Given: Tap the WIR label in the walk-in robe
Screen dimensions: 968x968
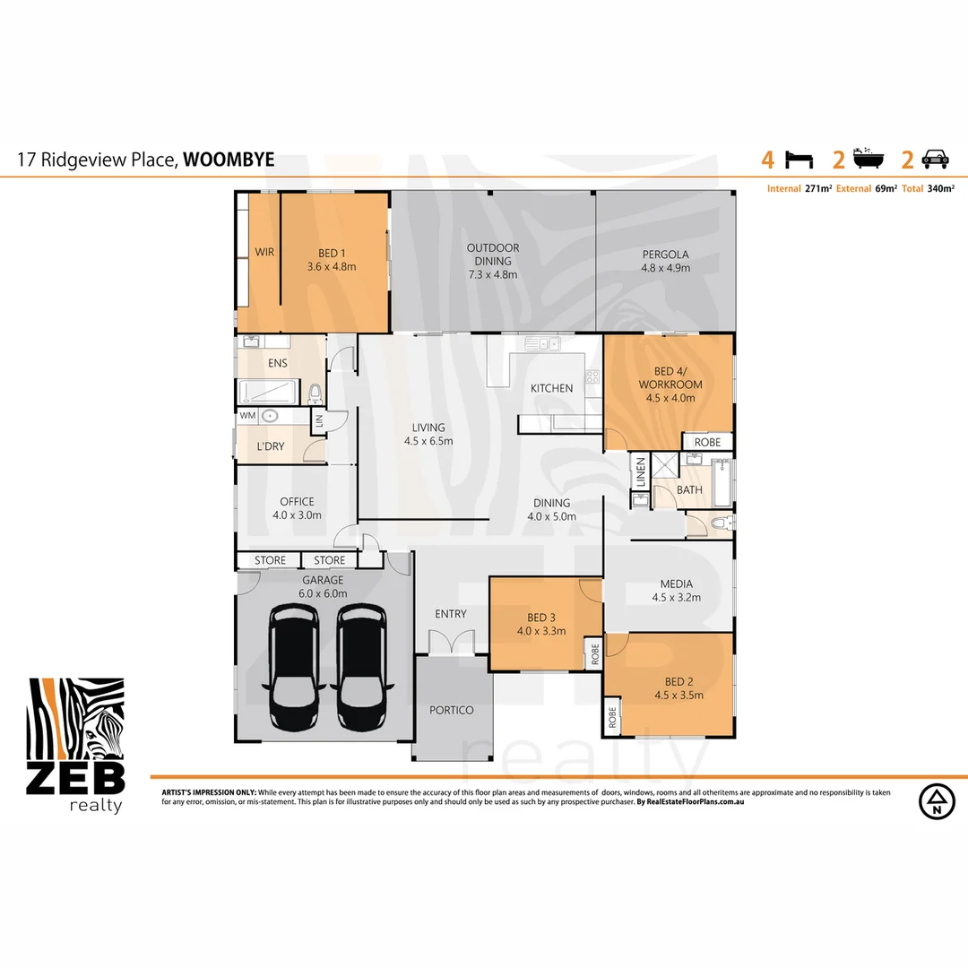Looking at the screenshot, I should [x=264, y=253].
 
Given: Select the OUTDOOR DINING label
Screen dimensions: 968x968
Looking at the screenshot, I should [x=493, y=248].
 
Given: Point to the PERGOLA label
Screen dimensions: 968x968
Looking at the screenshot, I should [x=665, y=255].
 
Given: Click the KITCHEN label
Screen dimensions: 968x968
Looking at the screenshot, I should [x=551, y=388].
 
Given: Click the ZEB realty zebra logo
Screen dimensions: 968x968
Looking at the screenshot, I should [x=76, y=744].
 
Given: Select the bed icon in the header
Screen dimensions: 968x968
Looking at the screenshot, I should [x=799, y=160].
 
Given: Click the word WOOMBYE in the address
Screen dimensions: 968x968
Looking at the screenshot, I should [x=229, y=160].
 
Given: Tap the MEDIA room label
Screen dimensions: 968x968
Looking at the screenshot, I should [x=675, y=583].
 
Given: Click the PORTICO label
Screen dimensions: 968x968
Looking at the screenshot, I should [x=452, y=710].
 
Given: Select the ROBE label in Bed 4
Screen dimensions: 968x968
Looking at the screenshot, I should [x=708, y=442].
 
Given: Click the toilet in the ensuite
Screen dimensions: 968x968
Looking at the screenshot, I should [x=315, y=393].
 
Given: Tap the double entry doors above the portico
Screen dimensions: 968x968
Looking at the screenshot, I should [x=450, y=642].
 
